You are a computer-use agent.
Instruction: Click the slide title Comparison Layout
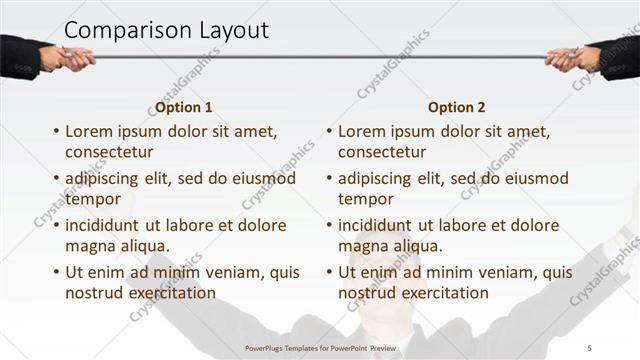pos(166,30)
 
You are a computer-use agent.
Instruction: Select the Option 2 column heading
pos(456,107)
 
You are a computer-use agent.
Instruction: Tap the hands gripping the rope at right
pos(575,57)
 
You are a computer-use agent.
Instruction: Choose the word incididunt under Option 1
pos(107,225)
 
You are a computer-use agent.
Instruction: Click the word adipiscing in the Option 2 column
pos(378,178)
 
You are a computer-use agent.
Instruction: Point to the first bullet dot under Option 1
pos(55,131)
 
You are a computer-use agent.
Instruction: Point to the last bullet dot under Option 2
pos(328,272)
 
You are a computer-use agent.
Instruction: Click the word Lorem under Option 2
pos(361,131)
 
